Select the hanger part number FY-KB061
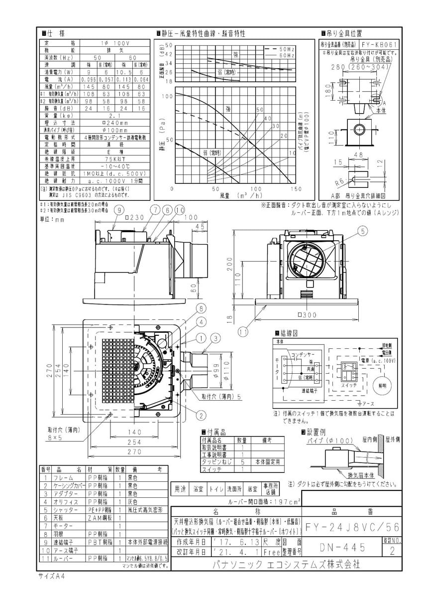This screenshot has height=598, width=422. (380, 44)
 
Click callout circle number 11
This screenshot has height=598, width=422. (243, 330)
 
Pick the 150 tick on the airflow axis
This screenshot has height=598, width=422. (296, 189)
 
